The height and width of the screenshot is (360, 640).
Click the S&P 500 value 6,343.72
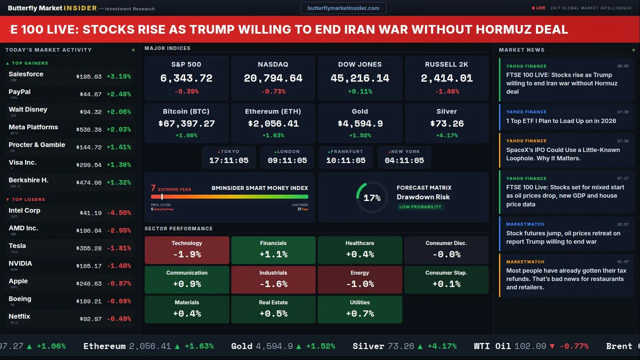[186, 78]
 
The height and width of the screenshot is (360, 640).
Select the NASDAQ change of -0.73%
[273, 91]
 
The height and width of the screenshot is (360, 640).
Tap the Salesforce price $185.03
[89, 77]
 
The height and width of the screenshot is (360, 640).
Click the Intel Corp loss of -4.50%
[120, 213]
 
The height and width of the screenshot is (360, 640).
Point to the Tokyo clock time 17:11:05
[229, 160]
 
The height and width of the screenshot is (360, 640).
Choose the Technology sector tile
[186, 249]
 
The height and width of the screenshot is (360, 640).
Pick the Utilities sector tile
[359, 309]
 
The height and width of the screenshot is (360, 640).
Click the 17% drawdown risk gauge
[372, 197]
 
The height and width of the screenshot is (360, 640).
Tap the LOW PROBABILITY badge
[420, 207]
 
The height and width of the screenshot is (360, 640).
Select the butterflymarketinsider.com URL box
[343, 8]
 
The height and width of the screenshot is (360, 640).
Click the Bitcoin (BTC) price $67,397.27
[186, 123]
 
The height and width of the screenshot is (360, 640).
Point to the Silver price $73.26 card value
[446, 123]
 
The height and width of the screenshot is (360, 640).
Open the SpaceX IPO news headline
[563, 154]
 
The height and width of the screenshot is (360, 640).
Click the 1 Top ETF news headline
[561, 121]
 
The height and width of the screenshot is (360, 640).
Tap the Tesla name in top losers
[17, 246]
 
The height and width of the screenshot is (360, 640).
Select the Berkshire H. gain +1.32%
[120, 182]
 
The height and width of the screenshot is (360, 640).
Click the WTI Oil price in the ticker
[530, 346]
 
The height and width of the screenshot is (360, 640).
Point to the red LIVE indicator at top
[539, 8]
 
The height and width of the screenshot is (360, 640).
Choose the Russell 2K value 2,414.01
[446, 78]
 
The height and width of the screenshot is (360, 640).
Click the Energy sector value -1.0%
[359, 284]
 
